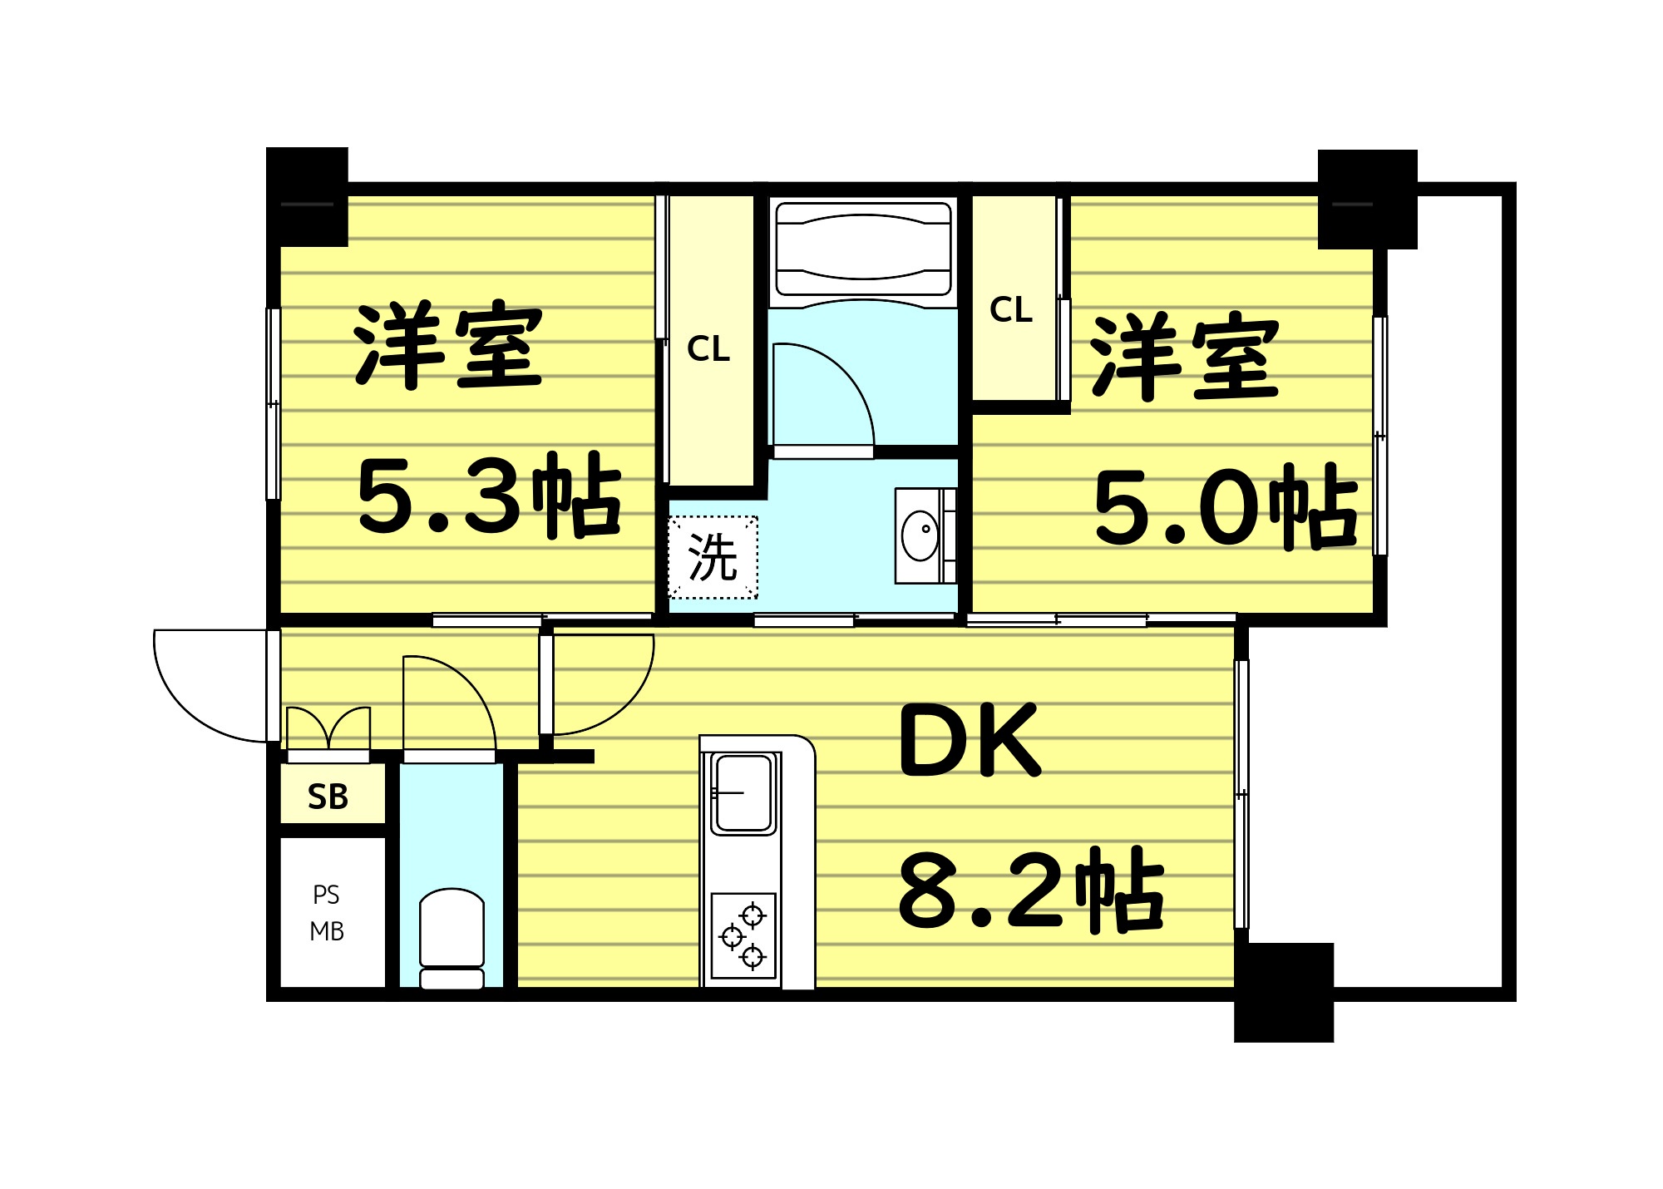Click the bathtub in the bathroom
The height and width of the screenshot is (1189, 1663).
pyautogui.click(x=863, y=249)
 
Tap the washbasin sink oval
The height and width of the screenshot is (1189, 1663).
pyautogui.click(x=920, y=536)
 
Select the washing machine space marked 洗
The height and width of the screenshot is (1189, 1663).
pyautogui.click(x=713, y=557)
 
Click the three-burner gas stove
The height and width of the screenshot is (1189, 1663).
pyautogui.click(x=743, y=935)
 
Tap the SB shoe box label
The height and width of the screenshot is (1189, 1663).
pyautogui.click(x=328, y=797)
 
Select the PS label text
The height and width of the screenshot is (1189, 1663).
pyautogui.click(x=327, y=895)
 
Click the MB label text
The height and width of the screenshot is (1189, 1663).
pyautogui.click(x=327, y=932)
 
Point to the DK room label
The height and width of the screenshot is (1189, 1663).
pyautogui.click(x=970, y=741)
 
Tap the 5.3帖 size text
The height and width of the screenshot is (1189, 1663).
pyautogui.click(x=489, y=496)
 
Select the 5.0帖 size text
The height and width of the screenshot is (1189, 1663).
pyautogui.click(x=1226, y=506)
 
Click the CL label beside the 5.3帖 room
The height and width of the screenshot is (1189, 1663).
pyautogui.click(x=708, y=349)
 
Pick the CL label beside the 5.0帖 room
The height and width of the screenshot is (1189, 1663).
pyautogui.click(x=1011, y=310)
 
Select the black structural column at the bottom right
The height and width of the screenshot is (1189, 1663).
pyautogui.click(x=1283, y=991)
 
